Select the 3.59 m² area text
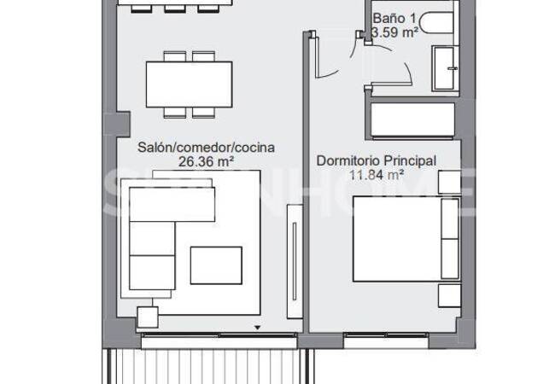pos(394,32)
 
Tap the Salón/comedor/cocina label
pos(206,147)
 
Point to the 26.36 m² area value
pos(206,160)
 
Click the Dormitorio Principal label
pos(377,160)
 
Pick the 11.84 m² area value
pos(377,174)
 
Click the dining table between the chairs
pos(190,84)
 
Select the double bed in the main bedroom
pos(400,238)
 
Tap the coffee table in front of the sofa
pos(215,265)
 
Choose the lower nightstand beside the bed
pos(449,295)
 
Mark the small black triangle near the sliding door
pos(257,327)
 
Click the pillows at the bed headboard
pos(449,239)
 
